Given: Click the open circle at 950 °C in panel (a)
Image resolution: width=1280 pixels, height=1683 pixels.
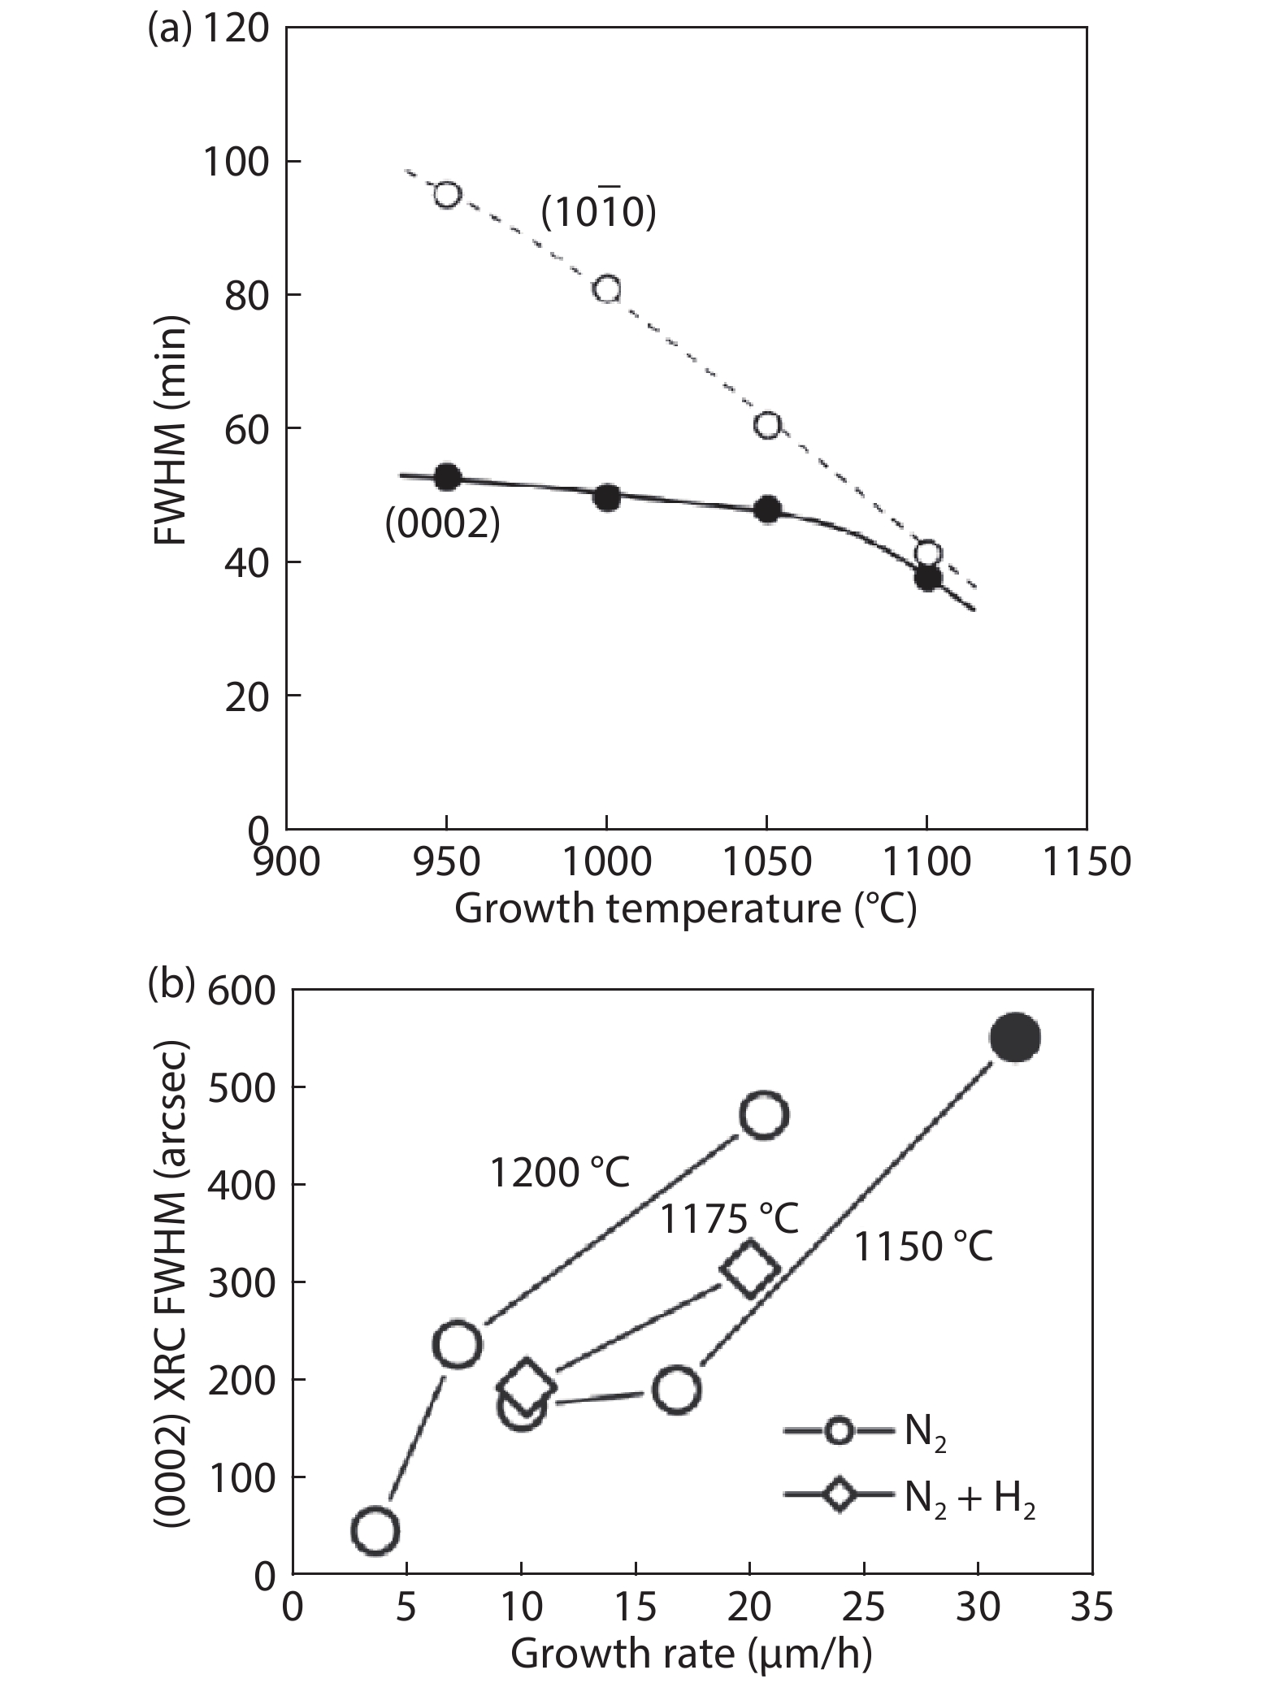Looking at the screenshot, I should [446, 195].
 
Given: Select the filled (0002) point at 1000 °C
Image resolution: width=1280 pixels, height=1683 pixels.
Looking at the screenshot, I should [606, 497].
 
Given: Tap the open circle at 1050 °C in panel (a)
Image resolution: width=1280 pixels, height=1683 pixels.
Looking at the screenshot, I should [767, 425].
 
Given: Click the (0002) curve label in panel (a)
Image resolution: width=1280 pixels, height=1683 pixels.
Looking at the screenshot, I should [442, 525].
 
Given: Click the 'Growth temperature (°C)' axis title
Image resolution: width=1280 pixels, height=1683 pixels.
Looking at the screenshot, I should [685, 909].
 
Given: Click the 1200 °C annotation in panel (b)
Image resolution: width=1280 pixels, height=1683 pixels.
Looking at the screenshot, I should [560, 1173].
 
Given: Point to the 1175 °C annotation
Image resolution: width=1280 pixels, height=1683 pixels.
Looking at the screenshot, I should [728, 1219].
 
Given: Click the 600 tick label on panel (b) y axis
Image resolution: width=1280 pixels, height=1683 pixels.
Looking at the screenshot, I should [241, 992].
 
